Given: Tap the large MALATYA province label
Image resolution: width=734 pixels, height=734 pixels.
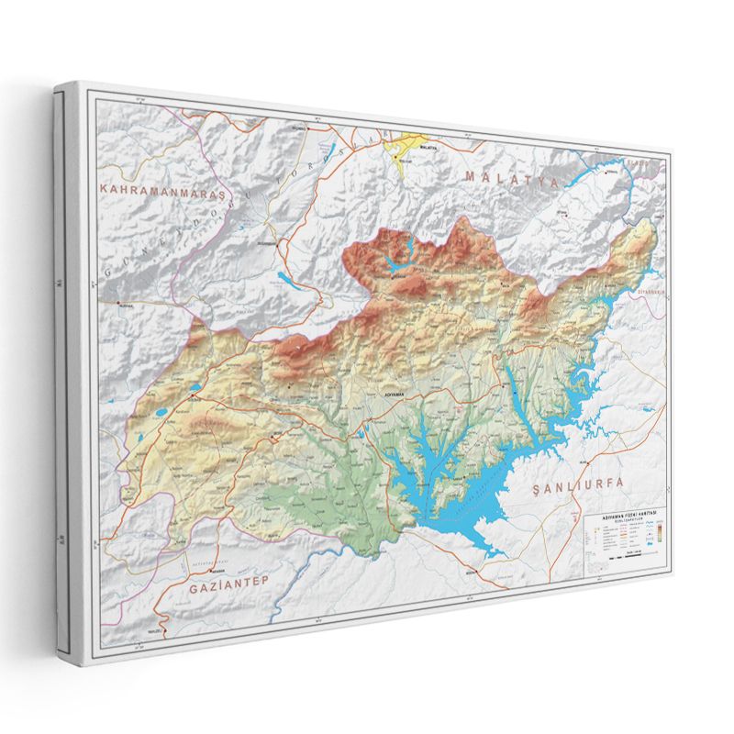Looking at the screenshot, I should [511, 178].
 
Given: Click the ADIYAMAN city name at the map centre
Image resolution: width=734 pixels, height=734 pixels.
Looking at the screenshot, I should [390, 395].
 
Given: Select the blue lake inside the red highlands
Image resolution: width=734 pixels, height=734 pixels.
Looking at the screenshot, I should [400, 263].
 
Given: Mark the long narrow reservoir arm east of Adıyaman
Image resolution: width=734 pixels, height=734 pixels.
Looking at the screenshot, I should [515, 385].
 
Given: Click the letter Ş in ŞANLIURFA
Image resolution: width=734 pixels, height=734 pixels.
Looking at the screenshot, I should [538, 486].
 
